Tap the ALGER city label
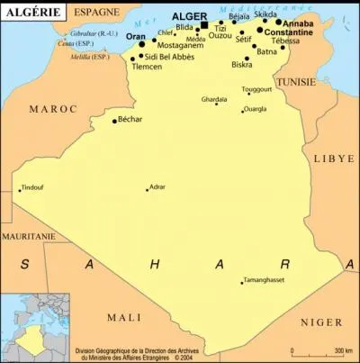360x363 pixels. [x=189, y=16]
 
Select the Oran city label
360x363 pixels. [x=135, y=36]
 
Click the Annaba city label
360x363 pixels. [x=298, y=23]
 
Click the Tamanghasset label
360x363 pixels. [x=268, y=281]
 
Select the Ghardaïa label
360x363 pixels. [x=214, y=99]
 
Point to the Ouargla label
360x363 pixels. [x=256, y=109]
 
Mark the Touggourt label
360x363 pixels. [x=256, y=90]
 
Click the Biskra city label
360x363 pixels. [x=241, y=65]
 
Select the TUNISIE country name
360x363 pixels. [x=296, y=81]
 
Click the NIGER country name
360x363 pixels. [x=321, y=322]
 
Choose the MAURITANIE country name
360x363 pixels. [x=28, y=236]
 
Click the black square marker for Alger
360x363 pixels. [x=204, y=25]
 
